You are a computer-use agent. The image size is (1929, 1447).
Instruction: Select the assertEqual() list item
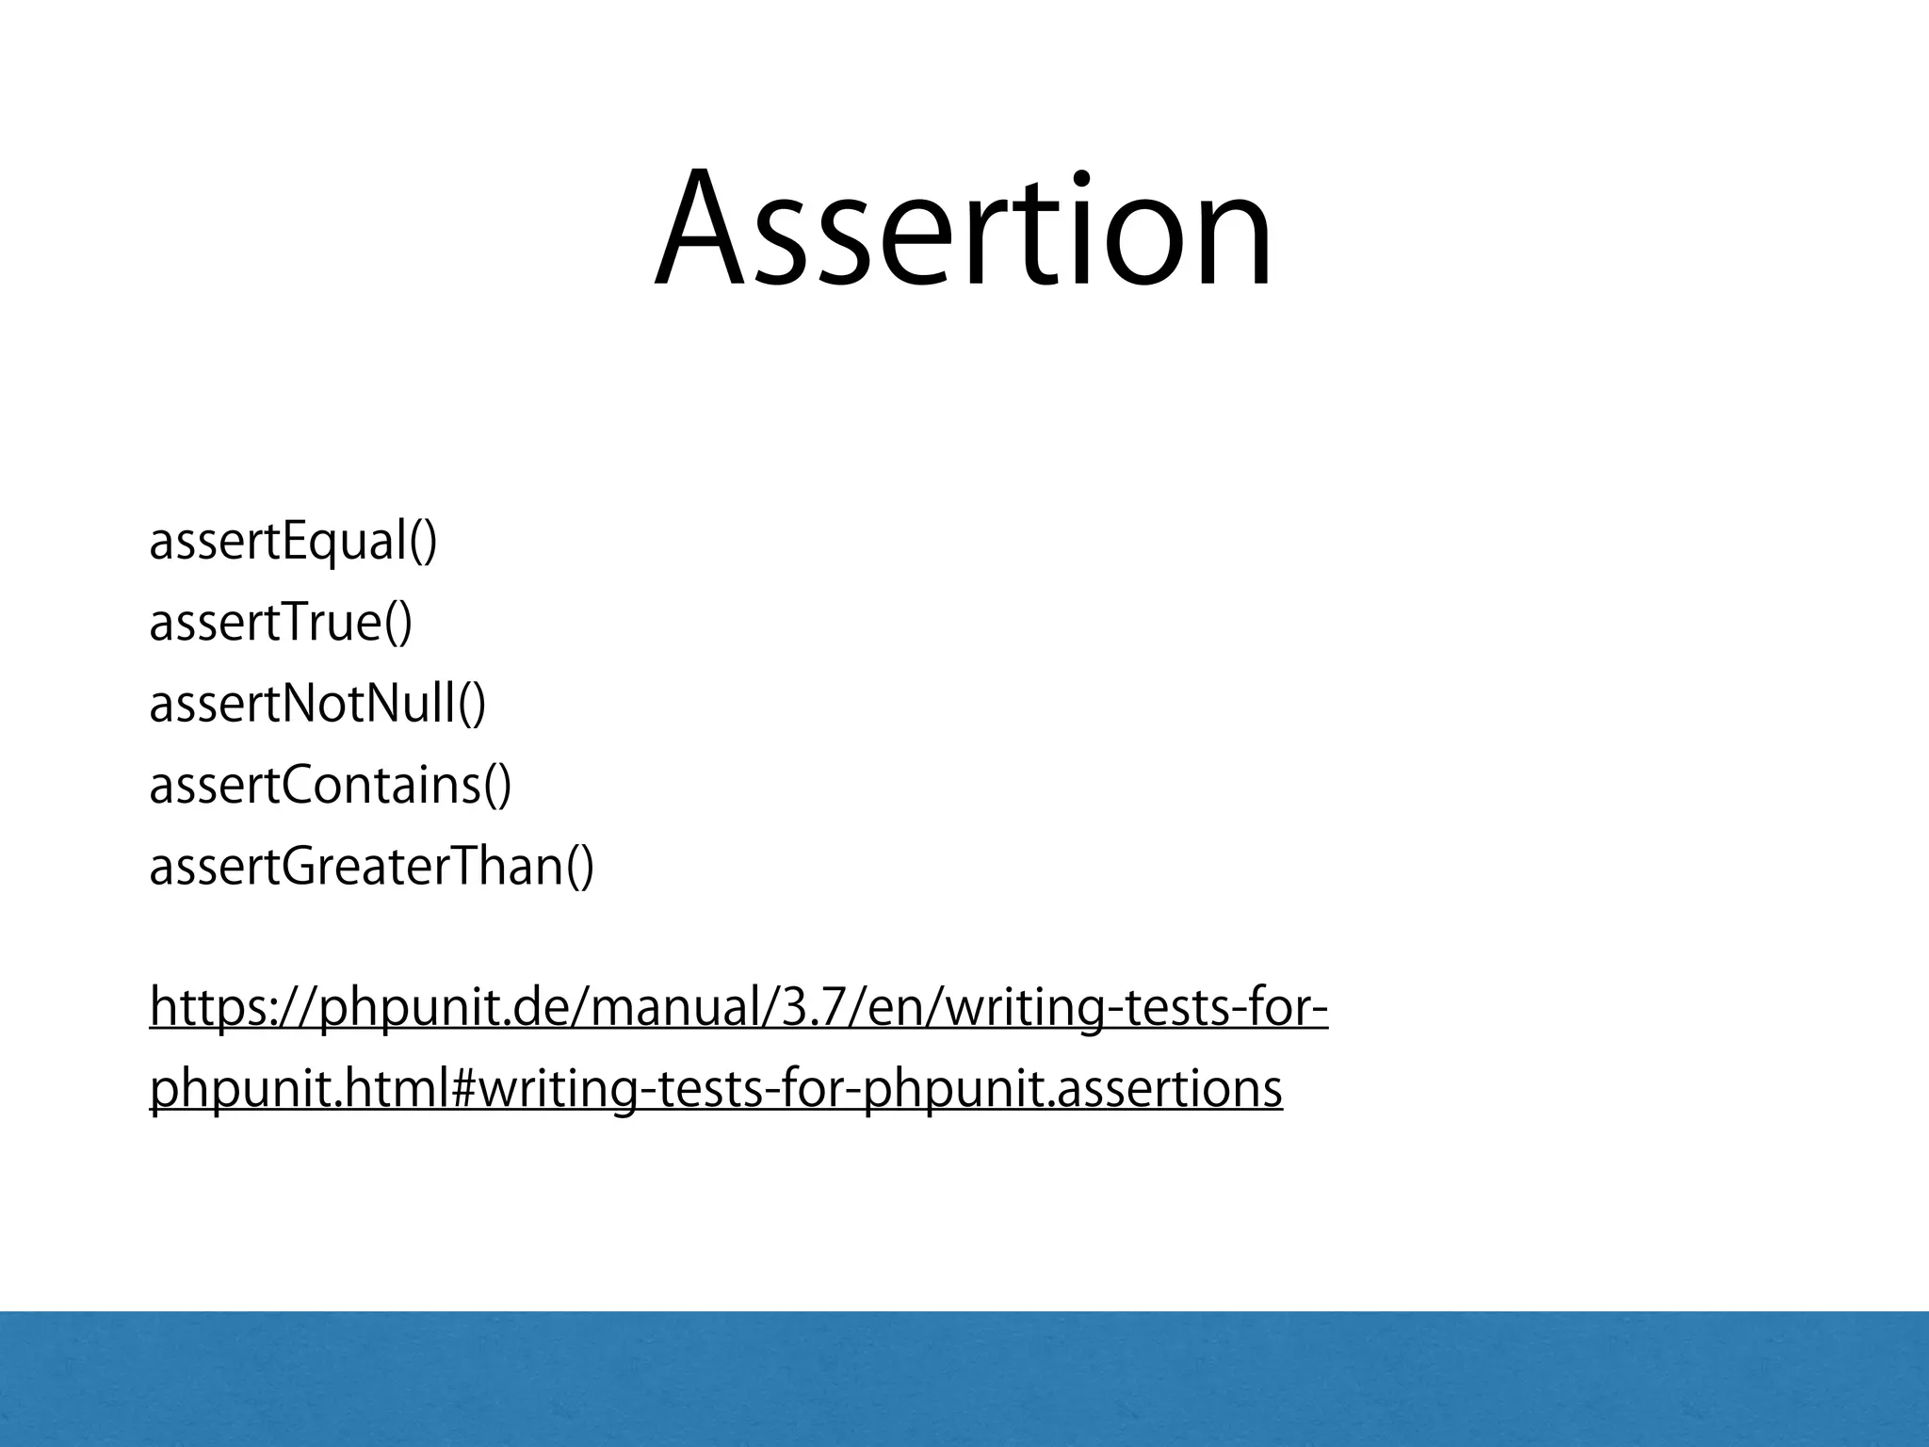[293, 543]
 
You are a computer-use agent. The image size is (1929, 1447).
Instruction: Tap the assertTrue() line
[281, 623]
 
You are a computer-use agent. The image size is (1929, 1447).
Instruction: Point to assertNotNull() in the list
[317, 704]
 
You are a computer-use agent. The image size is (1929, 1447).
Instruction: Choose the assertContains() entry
[330, 785]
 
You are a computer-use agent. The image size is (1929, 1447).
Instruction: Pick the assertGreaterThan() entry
[371, 866]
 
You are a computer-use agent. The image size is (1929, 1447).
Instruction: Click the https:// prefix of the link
[232, 1009]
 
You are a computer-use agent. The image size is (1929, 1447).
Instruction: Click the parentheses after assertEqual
[424, 544]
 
